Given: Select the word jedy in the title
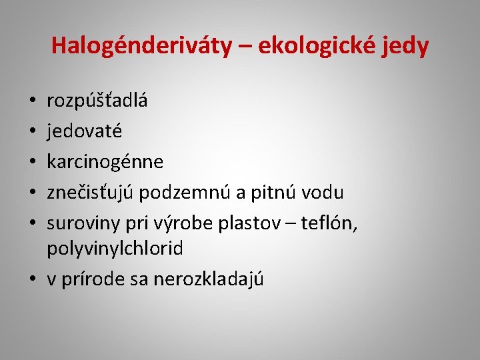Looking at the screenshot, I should (404, 46).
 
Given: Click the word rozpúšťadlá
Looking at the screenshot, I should (97, 101).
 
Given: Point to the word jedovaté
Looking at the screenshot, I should (85, 131).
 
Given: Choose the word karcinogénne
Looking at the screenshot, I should (105, 162).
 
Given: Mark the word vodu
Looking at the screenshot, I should (322, 193).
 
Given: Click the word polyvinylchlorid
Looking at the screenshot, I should (115, 249).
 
